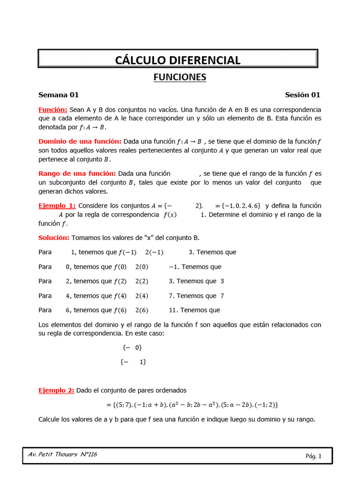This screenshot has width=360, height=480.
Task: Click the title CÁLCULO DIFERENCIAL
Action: point(178,60)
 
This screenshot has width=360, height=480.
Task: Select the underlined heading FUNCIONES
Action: point(180,77)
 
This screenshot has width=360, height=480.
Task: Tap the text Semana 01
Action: point(59,95)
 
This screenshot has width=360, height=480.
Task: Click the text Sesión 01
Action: point(302,95)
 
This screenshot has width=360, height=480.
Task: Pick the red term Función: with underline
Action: point(53,110)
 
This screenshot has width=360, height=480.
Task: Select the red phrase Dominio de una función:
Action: point(80,142)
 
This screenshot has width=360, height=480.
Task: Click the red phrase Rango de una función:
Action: point(77,173)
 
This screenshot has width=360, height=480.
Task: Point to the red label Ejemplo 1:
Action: point(57,206)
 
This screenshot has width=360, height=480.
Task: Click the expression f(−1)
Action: point(127,252)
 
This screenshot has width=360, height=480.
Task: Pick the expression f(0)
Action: point(120,267)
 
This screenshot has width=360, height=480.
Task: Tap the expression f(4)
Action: point(120,296)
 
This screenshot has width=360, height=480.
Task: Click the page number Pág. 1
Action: point(313,456)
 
